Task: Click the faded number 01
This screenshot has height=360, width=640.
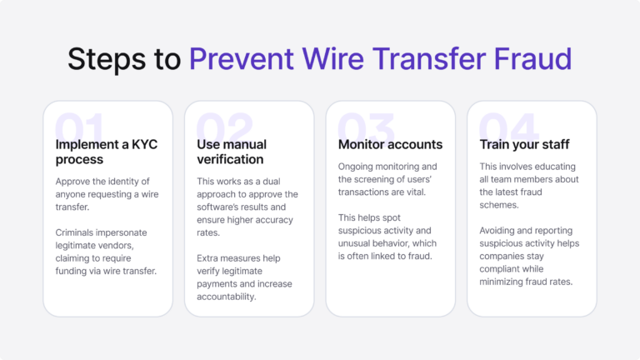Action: [x=81, y=129]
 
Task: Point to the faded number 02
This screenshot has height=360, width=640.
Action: [x=223, y=129]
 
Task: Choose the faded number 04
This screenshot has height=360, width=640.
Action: [x=508, y=129]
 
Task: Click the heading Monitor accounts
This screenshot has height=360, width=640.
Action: [x=390, y=144]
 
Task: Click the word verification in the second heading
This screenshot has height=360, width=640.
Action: [x=230, y=159]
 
